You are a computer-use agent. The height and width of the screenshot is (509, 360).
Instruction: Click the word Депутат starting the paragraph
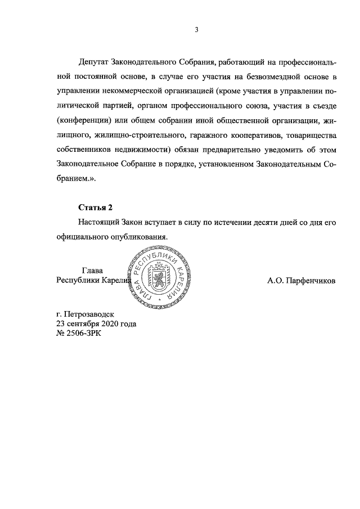point(96,61)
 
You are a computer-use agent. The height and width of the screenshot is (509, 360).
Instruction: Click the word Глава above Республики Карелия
point(92,270)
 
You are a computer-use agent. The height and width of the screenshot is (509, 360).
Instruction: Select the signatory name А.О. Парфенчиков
point(301,281)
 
